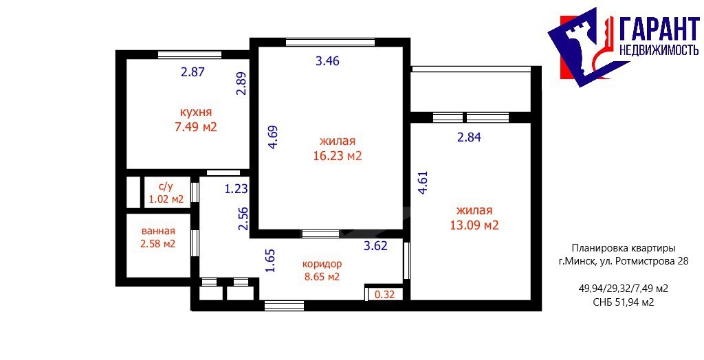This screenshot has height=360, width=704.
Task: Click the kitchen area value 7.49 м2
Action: tap(196, 128)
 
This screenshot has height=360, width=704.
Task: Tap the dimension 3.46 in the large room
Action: tap(327, 60)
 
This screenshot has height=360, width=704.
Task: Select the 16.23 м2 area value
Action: tap(338, 156)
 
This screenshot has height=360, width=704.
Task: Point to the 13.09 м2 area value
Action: tap(474, 225)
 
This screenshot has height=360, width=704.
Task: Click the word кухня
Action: tap(196, 113)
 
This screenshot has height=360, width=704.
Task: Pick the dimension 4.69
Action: tap(274, 137)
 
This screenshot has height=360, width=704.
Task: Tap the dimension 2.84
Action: tap(469, 137)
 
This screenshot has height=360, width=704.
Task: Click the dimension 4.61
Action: tap(423, 182)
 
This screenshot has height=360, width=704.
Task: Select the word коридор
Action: tap(322, 264)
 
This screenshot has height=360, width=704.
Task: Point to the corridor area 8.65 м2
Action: tap(322, 277)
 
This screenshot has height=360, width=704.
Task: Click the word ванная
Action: tap(158, 232)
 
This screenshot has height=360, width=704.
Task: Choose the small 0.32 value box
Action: tap(384, 295)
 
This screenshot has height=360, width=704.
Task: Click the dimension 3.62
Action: tap(375, 245)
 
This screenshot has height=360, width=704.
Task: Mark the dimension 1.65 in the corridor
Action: tap(269, 261)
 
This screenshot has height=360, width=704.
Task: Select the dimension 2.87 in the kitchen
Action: tap(192, 72)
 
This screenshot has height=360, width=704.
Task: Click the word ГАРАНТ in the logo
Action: tap(659, 29)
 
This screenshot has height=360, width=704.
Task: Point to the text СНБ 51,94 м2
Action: tap(623, 302)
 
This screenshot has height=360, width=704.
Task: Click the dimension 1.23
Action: tap(236, 188)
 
